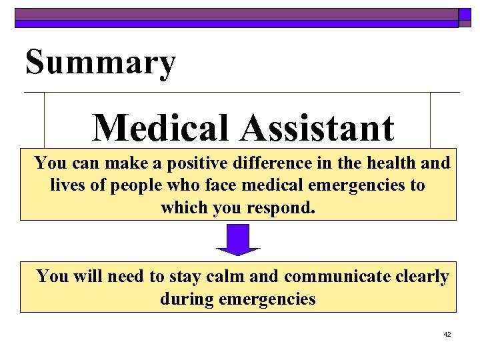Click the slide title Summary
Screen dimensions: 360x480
[101, 64]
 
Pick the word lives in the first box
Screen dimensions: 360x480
[65, 185]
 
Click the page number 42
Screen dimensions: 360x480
[447, 334]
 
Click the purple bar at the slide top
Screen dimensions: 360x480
[237, 14]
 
